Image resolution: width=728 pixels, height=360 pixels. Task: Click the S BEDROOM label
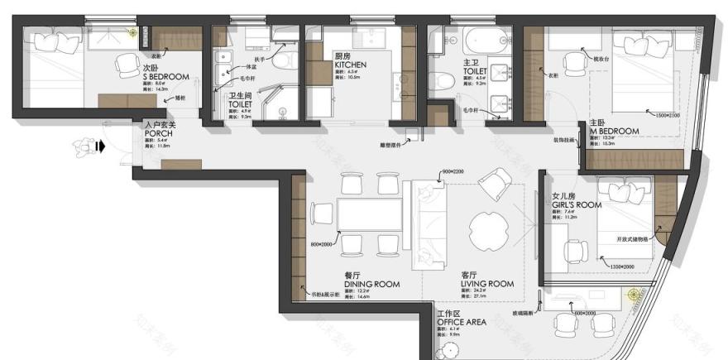coord(165,77)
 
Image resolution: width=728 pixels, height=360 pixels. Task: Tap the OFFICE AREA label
coord(461,322)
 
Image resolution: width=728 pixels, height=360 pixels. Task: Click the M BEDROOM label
coord(613,131)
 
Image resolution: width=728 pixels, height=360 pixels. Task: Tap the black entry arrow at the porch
coord(101,147)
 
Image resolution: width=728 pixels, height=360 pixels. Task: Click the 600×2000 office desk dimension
coord(583,313)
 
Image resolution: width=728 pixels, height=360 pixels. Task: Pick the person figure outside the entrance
coord(82,146)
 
